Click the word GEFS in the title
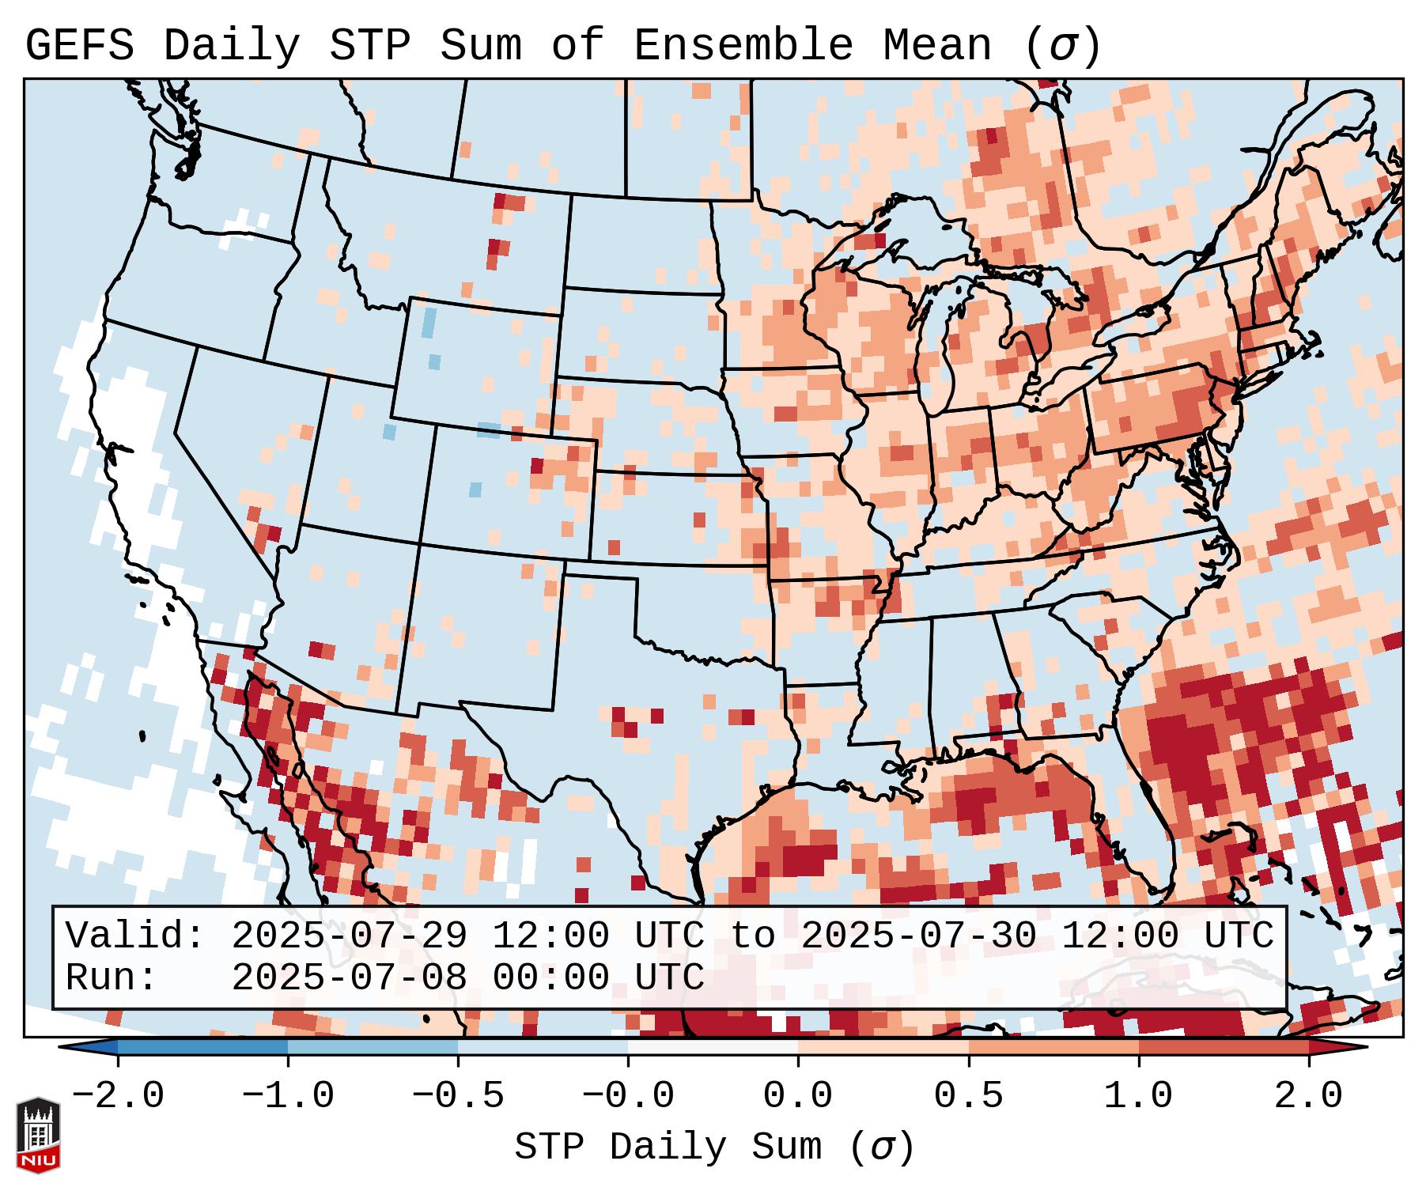[79, 46]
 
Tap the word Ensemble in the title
[743, 46]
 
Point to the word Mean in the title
[937, 46]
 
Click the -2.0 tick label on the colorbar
[118, 1096]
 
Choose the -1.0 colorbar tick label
[288, 1096]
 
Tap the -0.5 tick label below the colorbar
[458, 1096]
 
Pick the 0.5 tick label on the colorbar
[969, 1096]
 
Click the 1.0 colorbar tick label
[1139, 1096]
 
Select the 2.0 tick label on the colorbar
[1309, 1096]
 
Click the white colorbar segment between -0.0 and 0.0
[713, 1047]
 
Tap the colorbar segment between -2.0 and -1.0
[202, 1047]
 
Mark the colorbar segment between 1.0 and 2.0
[1224, 1047]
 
